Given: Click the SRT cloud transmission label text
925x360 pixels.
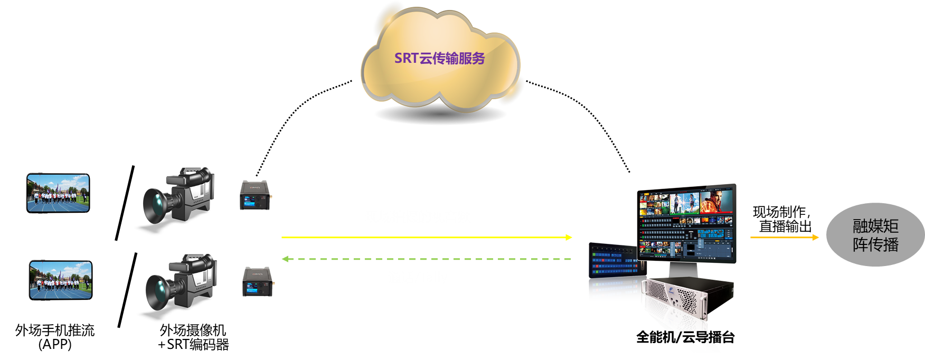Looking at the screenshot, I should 439,58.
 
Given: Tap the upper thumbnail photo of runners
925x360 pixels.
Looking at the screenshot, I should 58,193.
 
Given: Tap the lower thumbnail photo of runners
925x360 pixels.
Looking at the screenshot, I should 60,280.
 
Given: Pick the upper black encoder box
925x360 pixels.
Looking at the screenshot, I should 256,195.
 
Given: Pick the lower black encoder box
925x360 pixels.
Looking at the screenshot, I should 258,282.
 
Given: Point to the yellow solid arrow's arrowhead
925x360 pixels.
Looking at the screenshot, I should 569,238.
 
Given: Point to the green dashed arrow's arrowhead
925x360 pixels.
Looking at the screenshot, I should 285,259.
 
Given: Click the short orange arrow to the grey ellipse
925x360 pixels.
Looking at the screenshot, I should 785,238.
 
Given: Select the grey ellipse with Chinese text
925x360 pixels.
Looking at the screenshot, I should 875,235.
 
